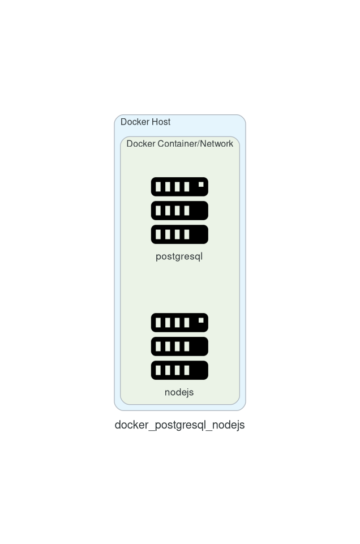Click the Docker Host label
pyautogui.click(x=145, y=122)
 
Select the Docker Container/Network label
pyautogui.click(x=179, y=144)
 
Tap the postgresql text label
pyautogui.click(x=179, y=257)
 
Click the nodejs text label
pyautogui.click(x=179, y=392)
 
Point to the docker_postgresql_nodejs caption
pyautogui.click(x=179, y=425)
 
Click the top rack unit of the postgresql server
pyautogui.click(x=179, y=187)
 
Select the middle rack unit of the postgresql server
pyautogui.click(x=179, y=211)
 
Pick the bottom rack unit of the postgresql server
pyautogui.click(x=179, y=234)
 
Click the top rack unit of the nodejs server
pyautogui.click(x=179, y=323)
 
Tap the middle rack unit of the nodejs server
pyautogui.click(x=179, y=346)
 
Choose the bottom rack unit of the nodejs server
pyautogui.click(x=179, y=370)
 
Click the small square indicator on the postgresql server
pyautogui.click(x=201, y=184)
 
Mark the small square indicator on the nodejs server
pyautogui.click(x=201, y=320)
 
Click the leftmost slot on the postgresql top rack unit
pyautogui.click(x=158, y=187)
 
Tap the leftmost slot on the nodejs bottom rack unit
pyautogui.click(x=158, y=370)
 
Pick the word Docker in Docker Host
pyautogui.click(x=135, y=122)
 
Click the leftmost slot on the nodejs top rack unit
pyautogui.click(x=158, y=323)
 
